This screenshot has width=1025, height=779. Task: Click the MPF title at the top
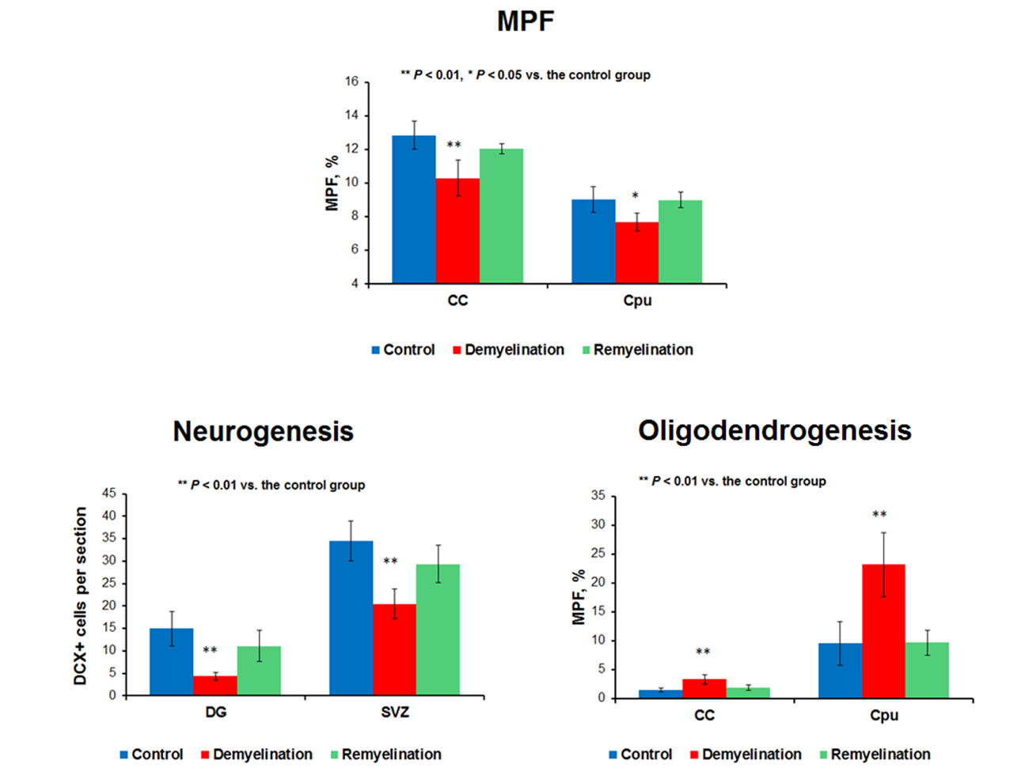526,21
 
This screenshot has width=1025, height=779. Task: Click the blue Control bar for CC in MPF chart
414,210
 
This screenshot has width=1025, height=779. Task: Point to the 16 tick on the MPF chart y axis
351,81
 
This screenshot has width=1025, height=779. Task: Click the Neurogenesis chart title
263,432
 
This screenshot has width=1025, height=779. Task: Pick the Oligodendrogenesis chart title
774,431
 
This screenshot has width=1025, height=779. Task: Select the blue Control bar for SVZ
351,618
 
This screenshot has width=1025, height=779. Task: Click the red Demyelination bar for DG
215,686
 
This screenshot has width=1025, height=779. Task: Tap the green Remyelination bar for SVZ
438,630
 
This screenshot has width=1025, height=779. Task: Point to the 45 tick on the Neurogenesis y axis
108,493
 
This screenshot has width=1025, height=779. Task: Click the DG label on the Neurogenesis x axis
215,713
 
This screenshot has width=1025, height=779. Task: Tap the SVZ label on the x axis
395,713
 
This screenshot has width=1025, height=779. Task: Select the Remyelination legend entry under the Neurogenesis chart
391,754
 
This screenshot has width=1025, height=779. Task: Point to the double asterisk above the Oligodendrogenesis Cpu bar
879,515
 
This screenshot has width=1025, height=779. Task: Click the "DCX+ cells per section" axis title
81,596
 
